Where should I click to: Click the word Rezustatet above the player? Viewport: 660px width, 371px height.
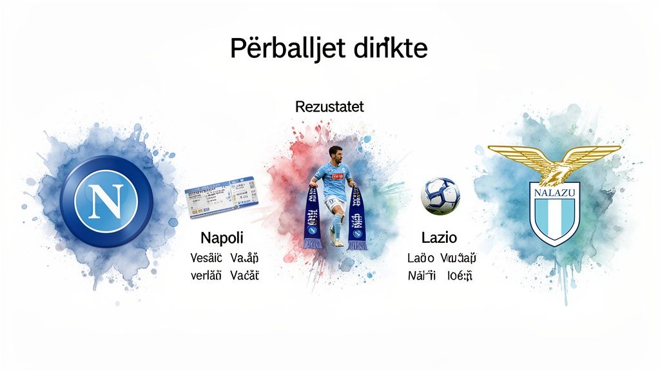point(329,107)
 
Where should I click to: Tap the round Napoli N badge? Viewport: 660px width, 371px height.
point(106,201)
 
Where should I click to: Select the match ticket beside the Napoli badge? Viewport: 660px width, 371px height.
point(218,198)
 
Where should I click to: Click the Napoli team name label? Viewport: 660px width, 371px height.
point(222,238)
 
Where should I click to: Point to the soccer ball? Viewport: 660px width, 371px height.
point(440,196)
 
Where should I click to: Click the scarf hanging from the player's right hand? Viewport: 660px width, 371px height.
point(313,218)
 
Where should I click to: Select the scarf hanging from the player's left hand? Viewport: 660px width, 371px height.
point(356,220)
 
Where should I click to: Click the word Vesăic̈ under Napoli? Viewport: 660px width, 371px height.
point(206,258)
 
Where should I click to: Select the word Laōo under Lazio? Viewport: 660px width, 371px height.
point(420,258)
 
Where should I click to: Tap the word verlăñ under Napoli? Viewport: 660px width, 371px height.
point(206,276)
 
